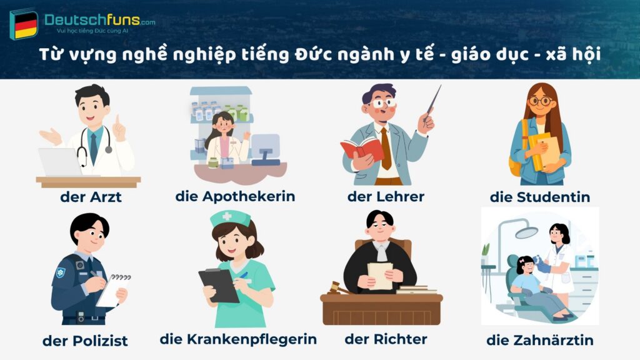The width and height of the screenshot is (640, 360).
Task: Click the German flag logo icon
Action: (x=24, y=24)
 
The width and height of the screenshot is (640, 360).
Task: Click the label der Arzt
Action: (x=91, y=197)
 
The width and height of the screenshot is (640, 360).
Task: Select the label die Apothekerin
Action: (x=235, y=196)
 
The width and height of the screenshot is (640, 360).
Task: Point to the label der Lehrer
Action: (x=386, y=196)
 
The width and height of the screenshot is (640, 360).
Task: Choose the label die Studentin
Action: (x=540, y=197)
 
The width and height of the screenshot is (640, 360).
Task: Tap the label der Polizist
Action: (x=85, y=341)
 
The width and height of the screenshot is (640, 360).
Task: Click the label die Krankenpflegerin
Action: (x=238, y=339)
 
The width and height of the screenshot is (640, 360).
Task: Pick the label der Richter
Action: (x=386, y=339)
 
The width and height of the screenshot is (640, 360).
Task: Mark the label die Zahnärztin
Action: (x=540, y=341)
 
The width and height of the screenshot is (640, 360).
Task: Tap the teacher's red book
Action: (x=362, y=149)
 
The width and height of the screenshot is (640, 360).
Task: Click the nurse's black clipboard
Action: (x=219, y=285)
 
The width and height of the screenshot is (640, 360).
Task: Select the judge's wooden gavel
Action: (x=338, y=288)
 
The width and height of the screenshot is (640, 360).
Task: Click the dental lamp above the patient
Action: (x=526, y=232)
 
